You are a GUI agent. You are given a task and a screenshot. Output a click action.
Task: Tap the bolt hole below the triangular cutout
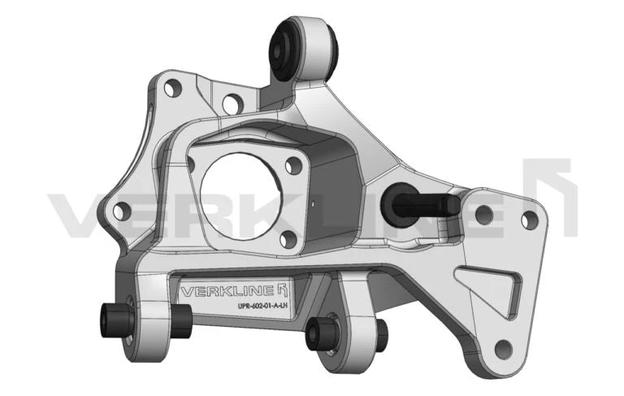point(503,349)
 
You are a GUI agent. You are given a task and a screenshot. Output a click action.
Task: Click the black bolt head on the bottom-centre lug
point(318,332)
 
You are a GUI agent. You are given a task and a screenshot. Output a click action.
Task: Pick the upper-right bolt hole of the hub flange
point(295,164)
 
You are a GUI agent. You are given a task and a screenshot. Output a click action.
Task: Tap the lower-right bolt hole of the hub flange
point(286,238)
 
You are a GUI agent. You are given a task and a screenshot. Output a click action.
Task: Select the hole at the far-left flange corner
point(119,211)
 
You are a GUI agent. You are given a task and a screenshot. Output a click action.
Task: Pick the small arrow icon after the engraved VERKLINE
point(283,290)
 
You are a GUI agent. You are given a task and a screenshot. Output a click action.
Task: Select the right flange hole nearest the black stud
point(483,215)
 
